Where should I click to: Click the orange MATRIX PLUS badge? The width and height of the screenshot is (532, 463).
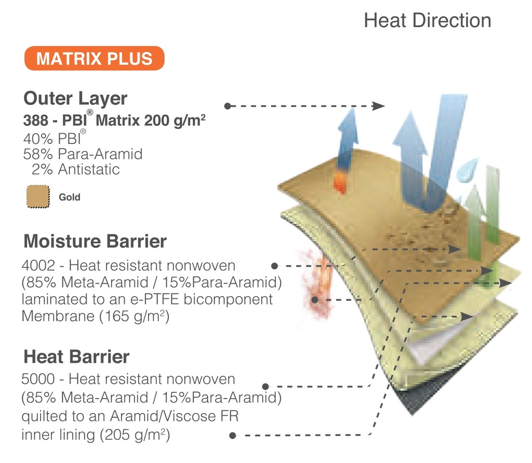[95, 58]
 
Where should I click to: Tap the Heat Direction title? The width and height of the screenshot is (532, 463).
[428, 20]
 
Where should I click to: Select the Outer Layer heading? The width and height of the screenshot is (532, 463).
[75, 99]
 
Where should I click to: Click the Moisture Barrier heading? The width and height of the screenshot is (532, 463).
[95, 241]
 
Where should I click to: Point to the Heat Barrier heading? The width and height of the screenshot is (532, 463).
[76, 357]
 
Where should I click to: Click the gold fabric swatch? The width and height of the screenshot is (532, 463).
[38, 196]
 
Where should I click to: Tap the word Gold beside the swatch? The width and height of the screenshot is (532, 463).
[70, 197]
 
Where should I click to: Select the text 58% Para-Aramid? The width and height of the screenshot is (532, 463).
[83, 154]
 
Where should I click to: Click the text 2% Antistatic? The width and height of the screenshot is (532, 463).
[76, 169]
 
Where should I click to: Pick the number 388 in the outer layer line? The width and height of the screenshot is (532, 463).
[36, 121]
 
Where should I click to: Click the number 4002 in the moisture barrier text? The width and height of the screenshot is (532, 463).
[38, 266]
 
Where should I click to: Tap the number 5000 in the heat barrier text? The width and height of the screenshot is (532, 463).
[38, 379]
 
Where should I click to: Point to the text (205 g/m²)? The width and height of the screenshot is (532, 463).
[135, 435]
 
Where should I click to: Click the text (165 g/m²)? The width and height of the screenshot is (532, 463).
[135, 316]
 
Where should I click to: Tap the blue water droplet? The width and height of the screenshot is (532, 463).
[467, 170]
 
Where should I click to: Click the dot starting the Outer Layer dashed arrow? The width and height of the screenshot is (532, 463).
[228, 106]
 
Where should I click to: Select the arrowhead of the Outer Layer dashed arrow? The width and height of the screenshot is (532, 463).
[378, 106]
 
